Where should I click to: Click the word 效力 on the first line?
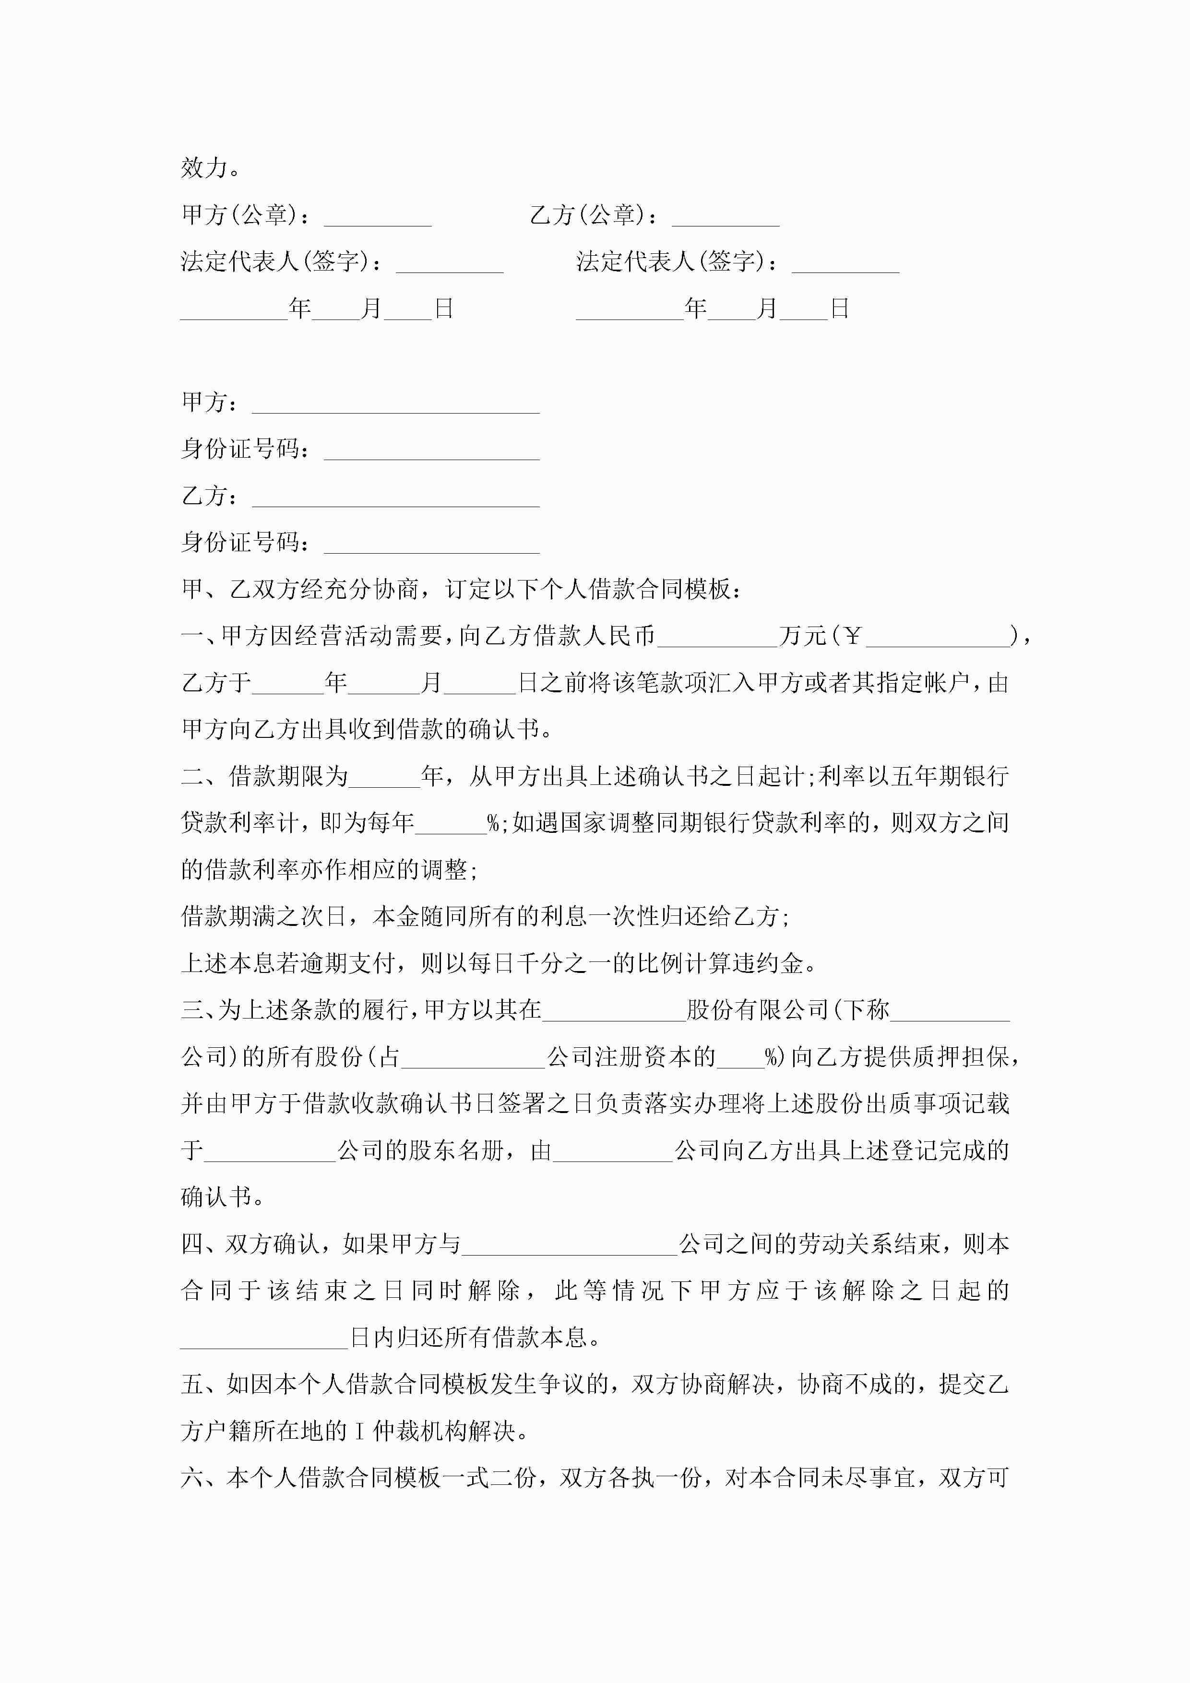[x=204, y=168]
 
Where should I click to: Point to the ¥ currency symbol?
[x=852, y=636]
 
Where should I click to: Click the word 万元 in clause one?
[x=802, y=636]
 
